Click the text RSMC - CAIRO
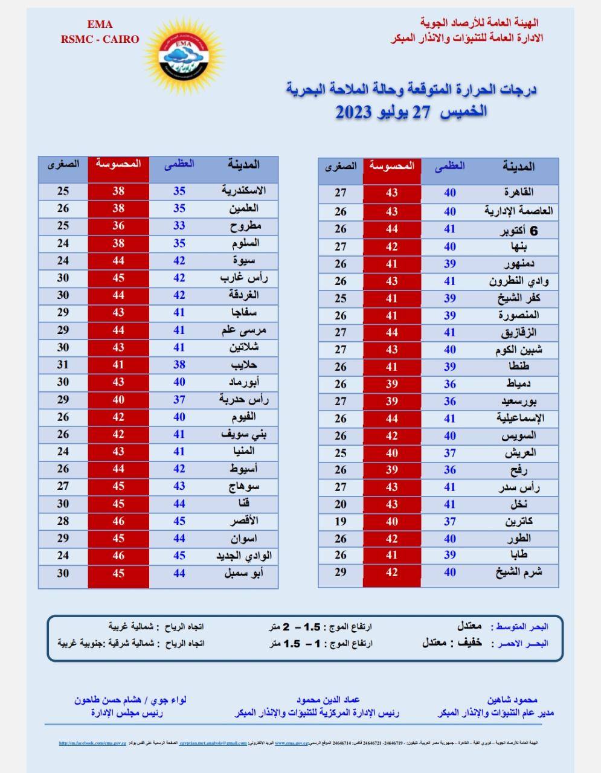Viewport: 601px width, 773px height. point(100,39)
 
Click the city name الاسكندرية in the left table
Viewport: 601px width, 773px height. point(244,191)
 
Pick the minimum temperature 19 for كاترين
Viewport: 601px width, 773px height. point(341,521)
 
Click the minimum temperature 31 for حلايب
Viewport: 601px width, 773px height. point(63,365)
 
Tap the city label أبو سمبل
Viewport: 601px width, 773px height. point(244,573)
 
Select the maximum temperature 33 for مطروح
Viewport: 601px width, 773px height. point(179,226)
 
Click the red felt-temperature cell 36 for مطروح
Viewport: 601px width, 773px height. point(118,226)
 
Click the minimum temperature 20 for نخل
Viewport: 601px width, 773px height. point(341,504)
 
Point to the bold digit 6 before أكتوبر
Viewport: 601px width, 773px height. point(533,230)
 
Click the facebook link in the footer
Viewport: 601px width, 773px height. point(94,743)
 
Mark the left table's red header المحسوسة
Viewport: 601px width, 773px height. point(118,164)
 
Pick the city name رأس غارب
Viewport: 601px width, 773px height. point(244,278)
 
